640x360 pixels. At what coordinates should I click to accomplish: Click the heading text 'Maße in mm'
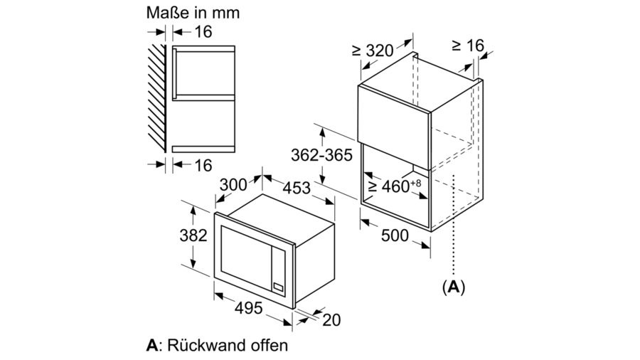tap(193, 12)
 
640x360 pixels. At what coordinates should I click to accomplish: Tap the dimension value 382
tap(193, 235)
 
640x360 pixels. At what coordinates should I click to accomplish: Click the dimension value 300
tap(233, 185)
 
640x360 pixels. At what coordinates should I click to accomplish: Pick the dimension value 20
tap(331, 320)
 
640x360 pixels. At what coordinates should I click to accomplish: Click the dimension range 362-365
tap(321, 155)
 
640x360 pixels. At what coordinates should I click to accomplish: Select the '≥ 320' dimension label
tap(373, 51)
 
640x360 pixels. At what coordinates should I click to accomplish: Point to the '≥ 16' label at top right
tap(467, 46)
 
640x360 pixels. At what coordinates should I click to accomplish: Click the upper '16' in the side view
tap(203, 31)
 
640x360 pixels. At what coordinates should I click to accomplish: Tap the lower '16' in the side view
tap(203, 165)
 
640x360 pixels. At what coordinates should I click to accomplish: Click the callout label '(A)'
tap(453, 287)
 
